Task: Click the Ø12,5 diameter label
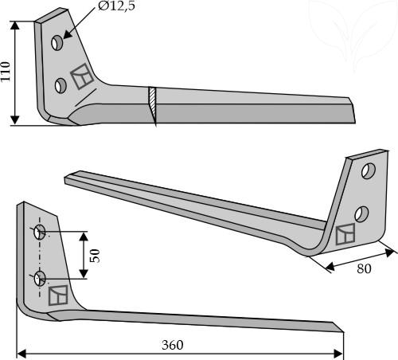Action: pyautogui.click(x=116, y=6)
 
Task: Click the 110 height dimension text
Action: pyautogui.click(x=6, y=72)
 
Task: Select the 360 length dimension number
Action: pyautogui.click(x=173, y=345)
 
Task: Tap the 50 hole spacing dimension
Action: pyautogui.click(x=95, y=256)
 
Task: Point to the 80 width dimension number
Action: pyautogui.click(x=364, y=268)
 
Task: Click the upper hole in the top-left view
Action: pyautogui.click(x=57, y=43)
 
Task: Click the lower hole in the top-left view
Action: pyautogui.click(x=60, y=85)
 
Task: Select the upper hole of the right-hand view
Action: pyautogui.click(x=369, y=171)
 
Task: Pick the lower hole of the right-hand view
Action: pyautogui.click(x=361, y=214)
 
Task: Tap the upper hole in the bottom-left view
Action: pyautogui.click(x=40, y=232)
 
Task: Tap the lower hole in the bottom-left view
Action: pyautogui.click(x=40, y=279)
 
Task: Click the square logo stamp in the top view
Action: pyautogui.click(x=82, y=76)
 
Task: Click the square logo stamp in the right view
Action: pyautogui.click(x=345, y=234)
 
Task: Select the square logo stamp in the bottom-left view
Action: pyautogui.click(x=58, y=295)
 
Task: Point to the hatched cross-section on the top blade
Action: pyautogui.click(x=153, y=105)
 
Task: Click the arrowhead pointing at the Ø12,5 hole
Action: pyautogui.click(x=67, y=36)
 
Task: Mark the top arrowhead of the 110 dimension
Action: pyautogui.click(x=15, y=26)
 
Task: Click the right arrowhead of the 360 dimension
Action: pyautogui.click(x=338, y=354)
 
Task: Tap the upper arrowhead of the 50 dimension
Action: pyautogui.click(x=84, y=237)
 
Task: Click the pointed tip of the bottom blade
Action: pyautogui.click(x=343, y=331)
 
